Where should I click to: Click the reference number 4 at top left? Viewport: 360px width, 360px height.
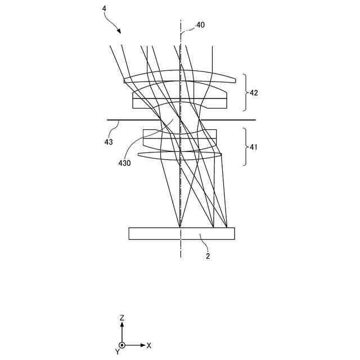pyautogui.click(x=105, y=8)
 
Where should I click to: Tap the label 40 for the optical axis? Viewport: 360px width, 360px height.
pyautogui.click(x=201, y=25)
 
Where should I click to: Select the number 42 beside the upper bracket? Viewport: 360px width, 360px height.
pyautogui.click(x=254, y=93)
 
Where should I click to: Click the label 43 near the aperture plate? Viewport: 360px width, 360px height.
pyautogui.click(x=108, y=142)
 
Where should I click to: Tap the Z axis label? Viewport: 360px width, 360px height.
pyautogui.click(x=121, y=318)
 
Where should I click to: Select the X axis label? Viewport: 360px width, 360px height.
pyautogui.click(x=149, y=345)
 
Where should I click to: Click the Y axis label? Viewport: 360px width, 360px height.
pyautogui.click(x=117, y=352)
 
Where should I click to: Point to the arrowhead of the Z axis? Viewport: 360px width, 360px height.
pyautogui.click(x=121, y=325)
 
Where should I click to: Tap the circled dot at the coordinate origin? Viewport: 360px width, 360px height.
pyautogui.click(x=121, y=345)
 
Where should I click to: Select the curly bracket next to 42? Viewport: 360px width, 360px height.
pyautogui.click(x=245, y=93)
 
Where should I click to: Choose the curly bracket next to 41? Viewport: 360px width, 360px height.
pyautogui.click(x=245, y=146)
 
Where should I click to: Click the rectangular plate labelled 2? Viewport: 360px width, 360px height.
pyautogui.click(x=152, y=233)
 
